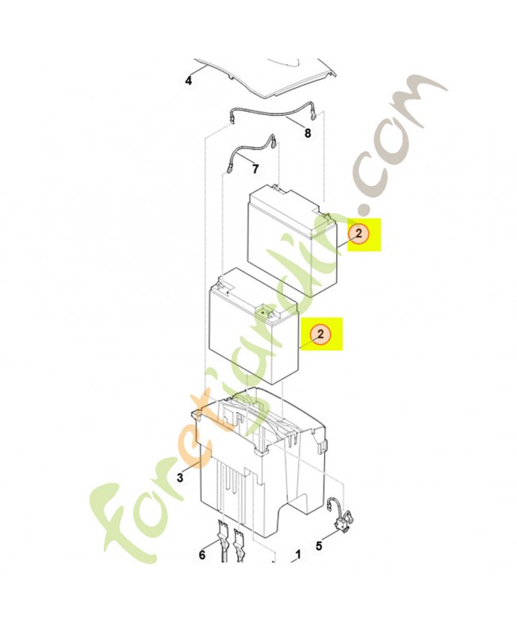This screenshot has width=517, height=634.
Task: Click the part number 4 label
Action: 189,80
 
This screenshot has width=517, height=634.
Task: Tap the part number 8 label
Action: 308,134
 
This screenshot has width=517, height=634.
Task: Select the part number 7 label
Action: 255,169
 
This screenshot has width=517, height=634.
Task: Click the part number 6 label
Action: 202,555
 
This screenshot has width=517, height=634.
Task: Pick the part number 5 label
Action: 320,545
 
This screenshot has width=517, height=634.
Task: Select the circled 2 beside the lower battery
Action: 321,334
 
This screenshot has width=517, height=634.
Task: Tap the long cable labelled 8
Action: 270,111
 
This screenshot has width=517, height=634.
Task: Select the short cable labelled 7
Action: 252,148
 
